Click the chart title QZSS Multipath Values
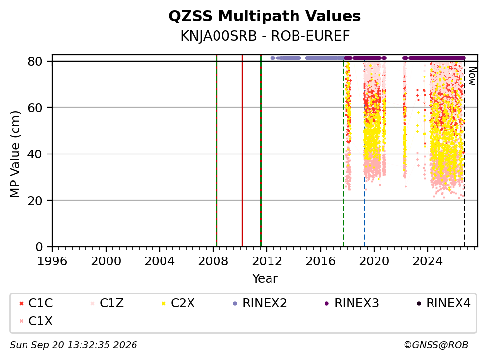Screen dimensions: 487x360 (x=265, y=16)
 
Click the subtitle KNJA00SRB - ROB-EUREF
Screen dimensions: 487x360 (x=265, y=36)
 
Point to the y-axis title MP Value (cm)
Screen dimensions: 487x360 (x=15, y=154)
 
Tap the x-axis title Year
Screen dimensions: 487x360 (x=265, y=279)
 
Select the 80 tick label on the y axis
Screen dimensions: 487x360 (x=35, y=61)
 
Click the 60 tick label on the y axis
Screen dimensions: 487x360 (x=35, y=108)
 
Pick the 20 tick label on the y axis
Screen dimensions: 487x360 (x=35, y=201)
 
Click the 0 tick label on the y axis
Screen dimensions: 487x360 (x=39, y=247)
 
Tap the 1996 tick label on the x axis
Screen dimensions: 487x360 (x=52, y=261)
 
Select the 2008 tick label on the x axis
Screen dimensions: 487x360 (x=213, y=261)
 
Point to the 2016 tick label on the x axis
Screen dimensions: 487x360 (x=321, y=261)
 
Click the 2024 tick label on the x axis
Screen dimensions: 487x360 (x=428, y=261)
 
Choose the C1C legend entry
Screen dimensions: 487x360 (x=36, y=303)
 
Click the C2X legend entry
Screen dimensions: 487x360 (x=178, y=303)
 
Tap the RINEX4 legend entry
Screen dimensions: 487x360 (x=444, y=303)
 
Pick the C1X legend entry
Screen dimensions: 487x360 (x=36, y=321)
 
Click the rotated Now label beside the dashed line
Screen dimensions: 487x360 (x=472, y=77)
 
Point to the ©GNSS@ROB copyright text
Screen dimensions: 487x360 (x=436, y=345)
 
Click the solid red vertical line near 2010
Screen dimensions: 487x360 (x=242, y=151)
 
